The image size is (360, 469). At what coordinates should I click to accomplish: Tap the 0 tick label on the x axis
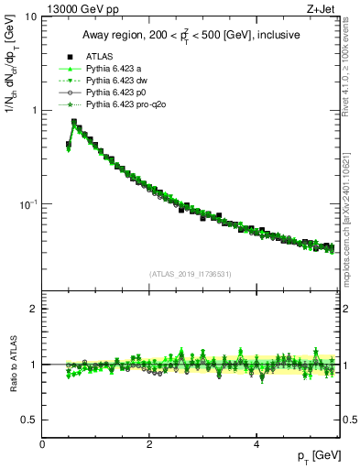[42, 444]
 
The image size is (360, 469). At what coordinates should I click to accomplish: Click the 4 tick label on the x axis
[256, 444]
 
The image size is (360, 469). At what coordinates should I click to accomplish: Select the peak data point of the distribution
[73, 121]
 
